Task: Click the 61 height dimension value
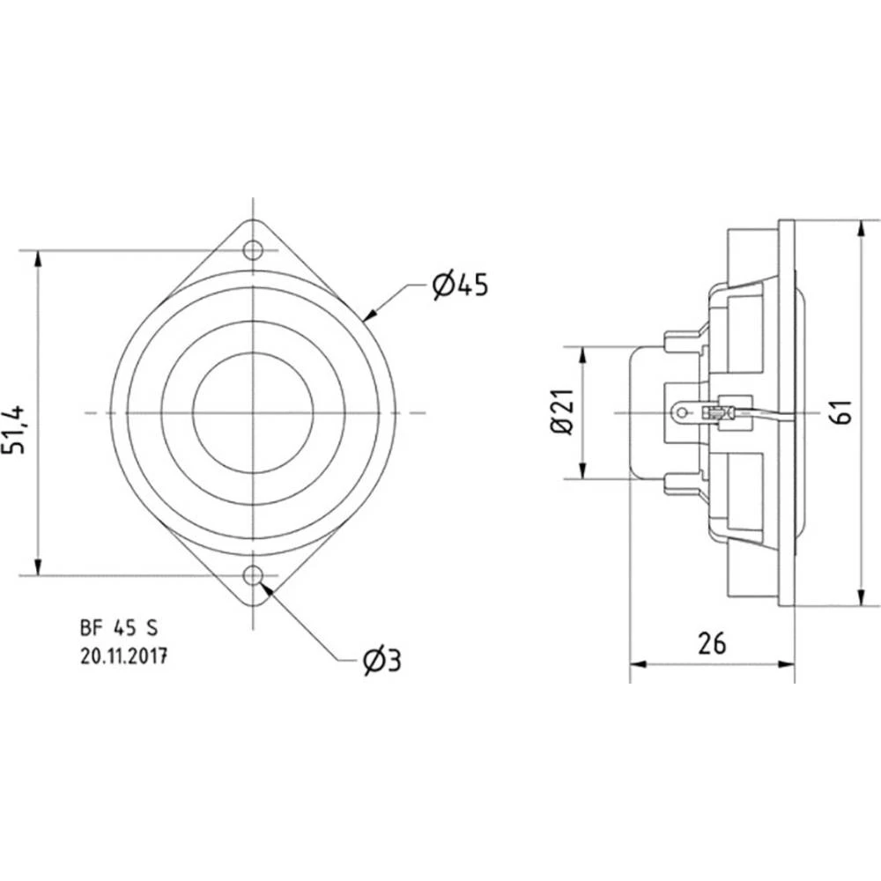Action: pos(841,412)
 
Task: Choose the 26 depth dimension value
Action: pos(711,644)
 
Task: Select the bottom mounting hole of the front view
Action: pos(254,576)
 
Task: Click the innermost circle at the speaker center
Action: pos(254,412)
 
